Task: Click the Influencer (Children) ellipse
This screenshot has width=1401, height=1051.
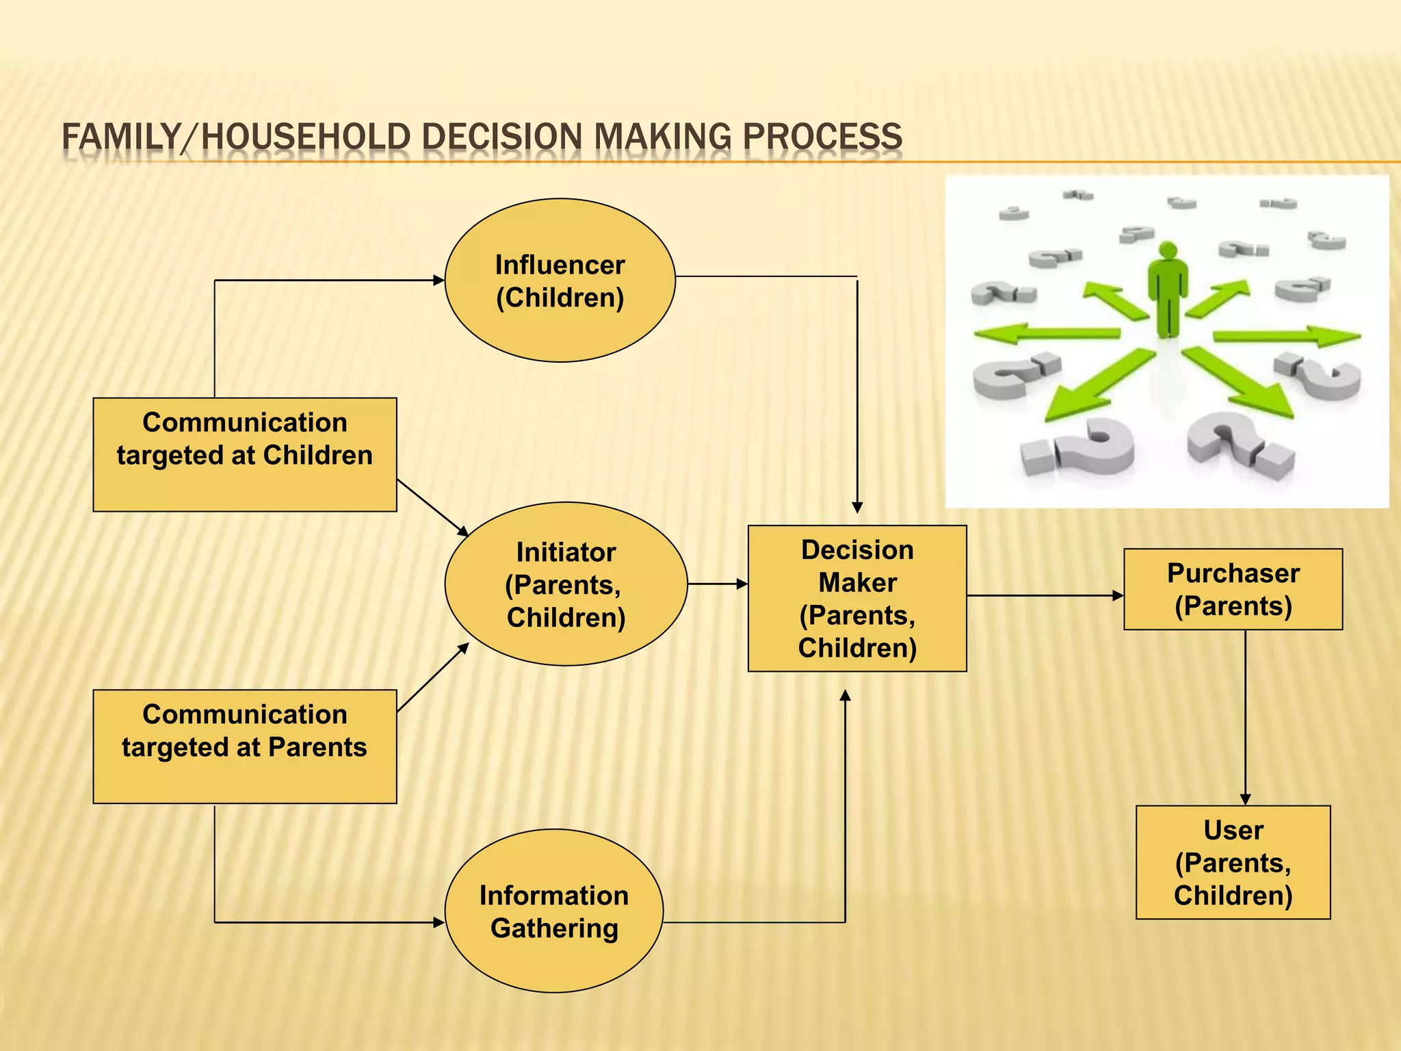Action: point(560,281)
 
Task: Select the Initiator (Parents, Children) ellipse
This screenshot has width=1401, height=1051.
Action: point(566,584)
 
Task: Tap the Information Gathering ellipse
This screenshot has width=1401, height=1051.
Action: point(553,911)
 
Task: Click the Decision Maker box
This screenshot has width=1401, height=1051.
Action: point(856,598)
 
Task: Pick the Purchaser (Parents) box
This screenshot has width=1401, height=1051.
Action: point(1233,589)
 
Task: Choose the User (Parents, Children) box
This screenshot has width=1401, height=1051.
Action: point(1233,862)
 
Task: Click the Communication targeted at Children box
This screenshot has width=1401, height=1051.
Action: point(244,454)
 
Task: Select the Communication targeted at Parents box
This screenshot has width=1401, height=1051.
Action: point(244,747)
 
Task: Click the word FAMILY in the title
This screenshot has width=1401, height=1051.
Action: point(120,136)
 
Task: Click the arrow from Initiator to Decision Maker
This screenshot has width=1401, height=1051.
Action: point(717,584)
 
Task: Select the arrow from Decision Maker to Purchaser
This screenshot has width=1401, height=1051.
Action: point(1045,595)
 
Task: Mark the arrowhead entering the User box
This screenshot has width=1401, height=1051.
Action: point(1245,799)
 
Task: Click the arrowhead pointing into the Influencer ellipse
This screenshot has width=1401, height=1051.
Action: point(438,280)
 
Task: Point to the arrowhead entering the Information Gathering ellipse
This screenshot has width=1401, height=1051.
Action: point(438,922)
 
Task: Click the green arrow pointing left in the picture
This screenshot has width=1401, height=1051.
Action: point(1047,334)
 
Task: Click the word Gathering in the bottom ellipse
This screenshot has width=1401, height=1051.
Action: point(554,929)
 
